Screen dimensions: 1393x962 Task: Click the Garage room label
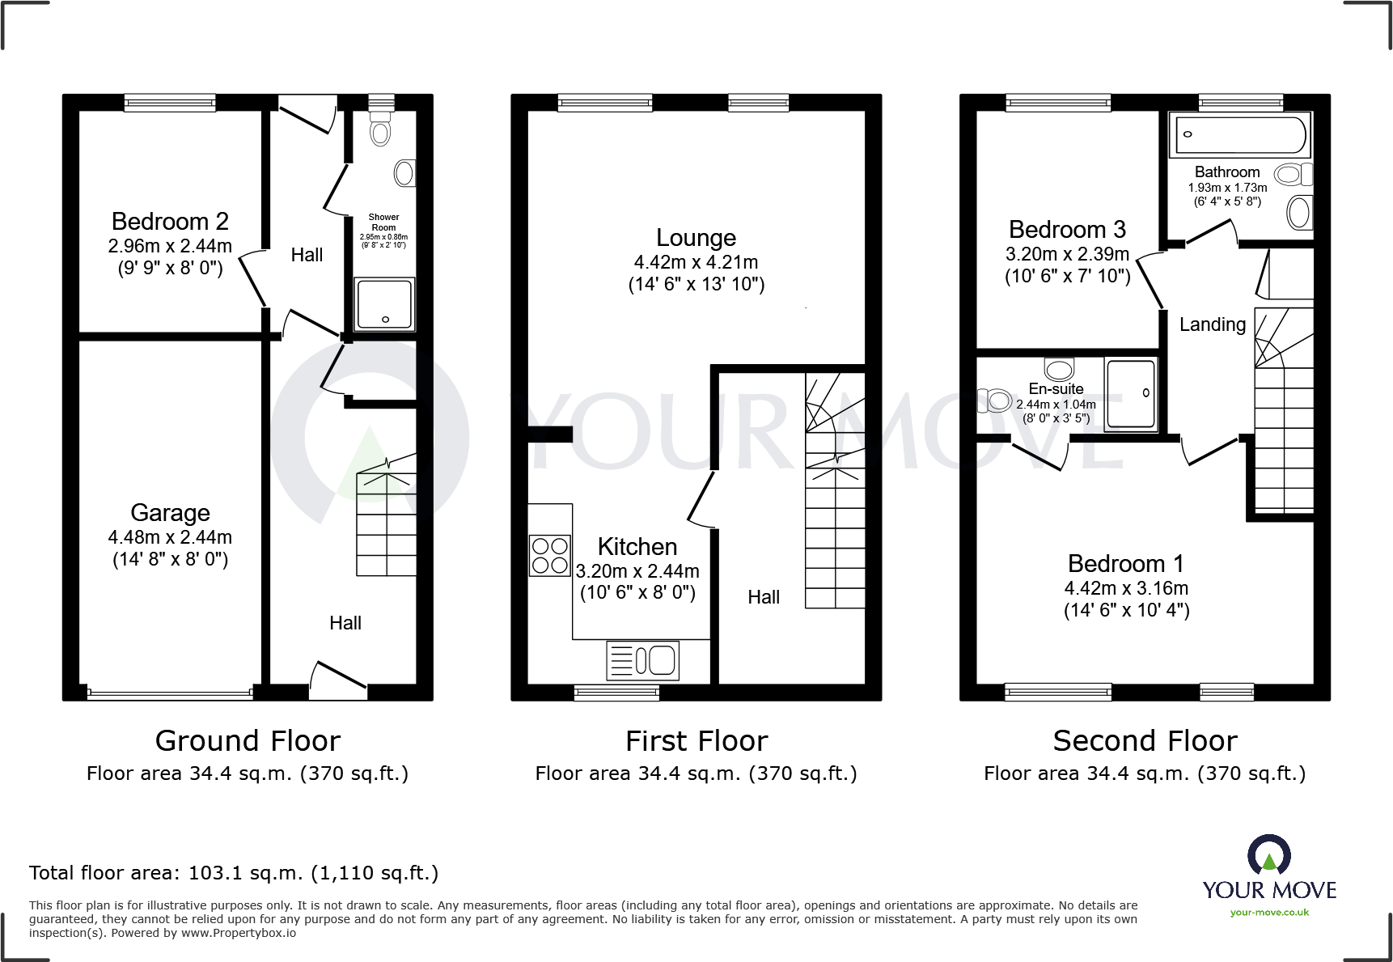[x=170, y=513]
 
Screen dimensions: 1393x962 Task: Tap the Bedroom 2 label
[x=170, y=221]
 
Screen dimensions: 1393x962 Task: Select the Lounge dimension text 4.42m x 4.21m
[x=696, y=262]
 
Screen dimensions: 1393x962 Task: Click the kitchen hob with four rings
[x=550, y=555]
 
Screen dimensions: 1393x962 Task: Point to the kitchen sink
[x=643, y=660]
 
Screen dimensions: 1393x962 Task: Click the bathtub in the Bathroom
[x=1239, y=135]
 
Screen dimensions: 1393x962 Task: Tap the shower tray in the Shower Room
[x=384, y=304]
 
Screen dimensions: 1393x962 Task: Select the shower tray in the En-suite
[x=1131, y=394]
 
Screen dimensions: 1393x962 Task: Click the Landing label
[x=1212, y=324]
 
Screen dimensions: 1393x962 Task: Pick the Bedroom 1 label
[x=1125, y=563]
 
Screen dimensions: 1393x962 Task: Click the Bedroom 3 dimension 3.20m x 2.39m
[x=1067, y=254]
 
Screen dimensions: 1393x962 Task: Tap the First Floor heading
[x=696, y=741]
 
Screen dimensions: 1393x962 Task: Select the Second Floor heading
[x=1145, y=741]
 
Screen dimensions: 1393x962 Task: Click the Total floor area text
[x=234, y=873]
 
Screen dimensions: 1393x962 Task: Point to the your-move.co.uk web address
[x=1269, y=913]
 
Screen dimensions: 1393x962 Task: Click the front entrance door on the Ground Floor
[x=338, y=680]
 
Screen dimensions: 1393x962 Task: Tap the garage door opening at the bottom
[x=170, y=693]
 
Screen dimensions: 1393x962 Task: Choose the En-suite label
[x=1056, y=389]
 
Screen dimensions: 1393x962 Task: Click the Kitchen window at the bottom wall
[x=616, y=693]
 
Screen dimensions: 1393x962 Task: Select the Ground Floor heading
[x=248, y=741]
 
